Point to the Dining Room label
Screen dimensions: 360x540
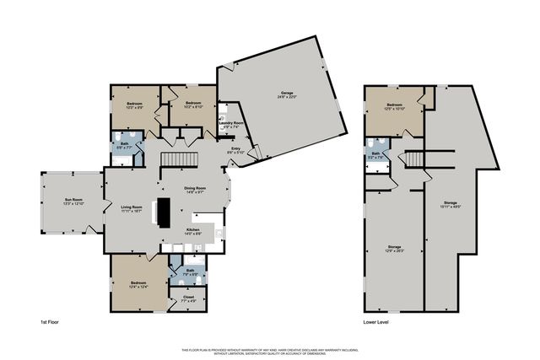click(195, 190)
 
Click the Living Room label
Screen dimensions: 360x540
click(131, 208)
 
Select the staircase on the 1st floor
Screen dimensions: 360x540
click(180, 159)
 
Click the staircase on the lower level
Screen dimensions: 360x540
click(413, 159)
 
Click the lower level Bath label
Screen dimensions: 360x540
click(376, 154)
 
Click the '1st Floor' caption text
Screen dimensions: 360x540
click(50, 322)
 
